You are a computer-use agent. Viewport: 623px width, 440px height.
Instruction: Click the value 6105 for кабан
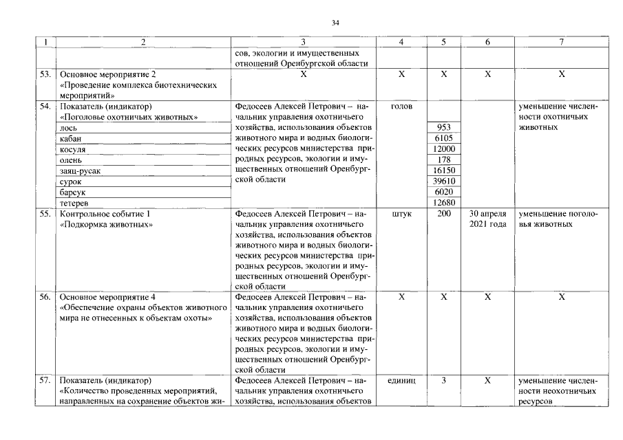pos(444,138)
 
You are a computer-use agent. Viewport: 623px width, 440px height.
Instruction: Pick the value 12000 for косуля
pos(444,149)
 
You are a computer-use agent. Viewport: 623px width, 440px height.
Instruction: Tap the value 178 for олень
pos(444,159)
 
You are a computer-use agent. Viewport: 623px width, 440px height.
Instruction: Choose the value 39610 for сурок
pos(444,181)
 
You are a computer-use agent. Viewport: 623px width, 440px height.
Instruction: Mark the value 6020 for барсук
pos(444,192)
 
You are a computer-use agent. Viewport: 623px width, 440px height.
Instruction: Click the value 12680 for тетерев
pos(444,203)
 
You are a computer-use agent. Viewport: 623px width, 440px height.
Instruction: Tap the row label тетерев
pos(74,203)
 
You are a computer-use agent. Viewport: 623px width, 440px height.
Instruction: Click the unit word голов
pos(401,107)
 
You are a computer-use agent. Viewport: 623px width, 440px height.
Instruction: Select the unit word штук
pos(401,214)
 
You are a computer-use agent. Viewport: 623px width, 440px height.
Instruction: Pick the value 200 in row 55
pos(444,214)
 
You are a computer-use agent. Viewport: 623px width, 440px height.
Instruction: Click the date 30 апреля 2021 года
pos(487,219)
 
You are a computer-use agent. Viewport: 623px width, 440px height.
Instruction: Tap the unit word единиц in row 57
pos(401,380)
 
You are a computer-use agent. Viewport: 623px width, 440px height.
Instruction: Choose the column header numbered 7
pos(562,42)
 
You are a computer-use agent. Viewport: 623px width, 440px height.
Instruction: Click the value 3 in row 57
pos(444,380)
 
